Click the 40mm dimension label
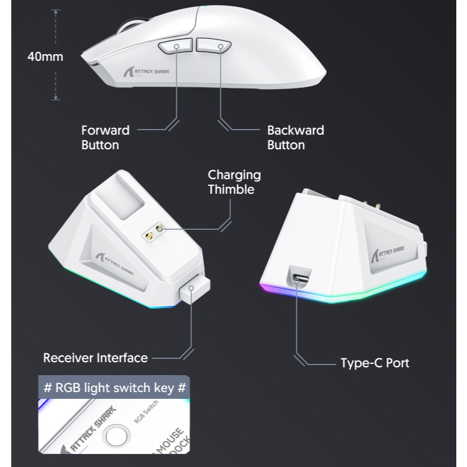[x=45, y=56]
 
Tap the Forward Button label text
[x=105, y=137]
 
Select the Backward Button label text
[x=295, y=137]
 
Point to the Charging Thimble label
[x=234, y=182]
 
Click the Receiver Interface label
[x=95, y=358]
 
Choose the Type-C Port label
[x=375, y=363]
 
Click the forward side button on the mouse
[x=175, y=46]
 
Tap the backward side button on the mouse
[x=214, y=45]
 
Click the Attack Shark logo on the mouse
[x=146, y=72]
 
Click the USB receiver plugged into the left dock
[x=195, y=289]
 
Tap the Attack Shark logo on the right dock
[x=388, y=254]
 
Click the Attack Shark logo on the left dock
[x=115, y=264]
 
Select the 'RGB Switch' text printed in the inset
[x=146, y=412]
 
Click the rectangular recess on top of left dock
[x=124, y=197]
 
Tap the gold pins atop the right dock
[x=371, y=205]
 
